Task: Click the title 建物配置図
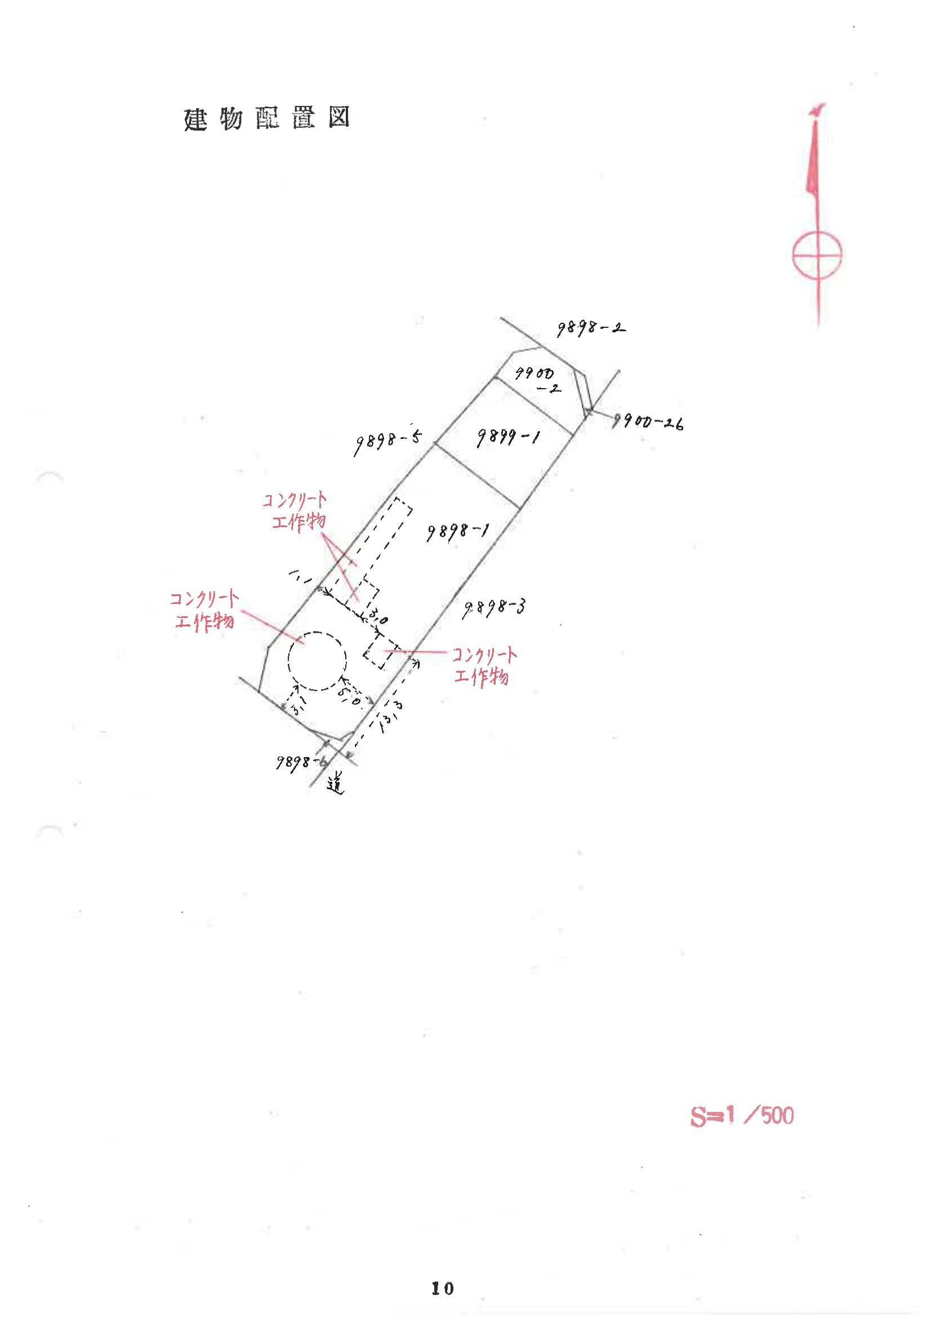pos(266,119)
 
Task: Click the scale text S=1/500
pos(741,1116)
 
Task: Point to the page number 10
pos(442,1288)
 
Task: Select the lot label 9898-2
pos(590,328)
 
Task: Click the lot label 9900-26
pos(648,424)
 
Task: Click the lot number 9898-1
pos(457,532)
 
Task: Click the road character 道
pos(336,784)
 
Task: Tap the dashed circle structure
pos(317,661)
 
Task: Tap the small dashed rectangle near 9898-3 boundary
pos(381,653)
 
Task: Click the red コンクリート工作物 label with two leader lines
pos(296,510)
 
